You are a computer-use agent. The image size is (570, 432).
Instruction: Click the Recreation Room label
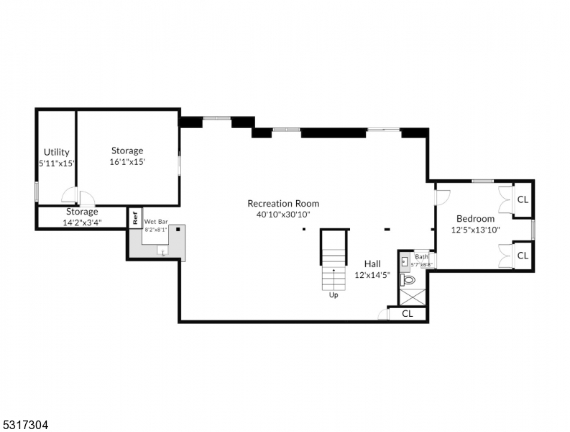coord(283,204)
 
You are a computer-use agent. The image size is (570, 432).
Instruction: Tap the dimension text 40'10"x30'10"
coord(283,215)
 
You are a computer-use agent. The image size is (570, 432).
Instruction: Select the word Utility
coord(56,152)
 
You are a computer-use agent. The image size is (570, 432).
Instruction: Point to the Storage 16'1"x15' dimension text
coord(127,163)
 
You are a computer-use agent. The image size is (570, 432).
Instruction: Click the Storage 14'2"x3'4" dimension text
coord(82,222)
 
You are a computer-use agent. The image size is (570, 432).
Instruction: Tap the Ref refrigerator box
coord(134,217)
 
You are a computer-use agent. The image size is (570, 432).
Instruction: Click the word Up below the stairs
coord(334,294)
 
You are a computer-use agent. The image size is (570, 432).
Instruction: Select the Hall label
coord(372,264)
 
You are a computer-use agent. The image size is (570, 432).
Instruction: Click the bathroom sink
coord(405,261)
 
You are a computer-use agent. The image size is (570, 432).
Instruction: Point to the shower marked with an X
coord(413,297)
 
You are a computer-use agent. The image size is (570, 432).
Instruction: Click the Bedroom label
coord(475,219)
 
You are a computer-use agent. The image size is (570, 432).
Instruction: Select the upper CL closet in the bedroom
coord(523,199)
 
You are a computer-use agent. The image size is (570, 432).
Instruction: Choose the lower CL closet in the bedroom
coord(523,256)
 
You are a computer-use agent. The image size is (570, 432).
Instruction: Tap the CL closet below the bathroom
coord(407,314)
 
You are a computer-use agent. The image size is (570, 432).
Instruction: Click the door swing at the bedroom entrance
coord(442,195)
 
